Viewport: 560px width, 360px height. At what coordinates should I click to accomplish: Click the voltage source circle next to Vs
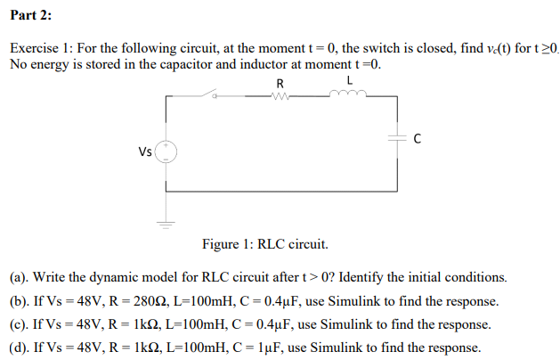166,151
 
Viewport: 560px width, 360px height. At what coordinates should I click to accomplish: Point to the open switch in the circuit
212,94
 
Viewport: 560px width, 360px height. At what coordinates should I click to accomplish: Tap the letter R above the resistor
280,83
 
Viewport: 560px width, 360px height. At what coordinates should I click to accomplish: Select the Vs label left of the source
144,151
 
